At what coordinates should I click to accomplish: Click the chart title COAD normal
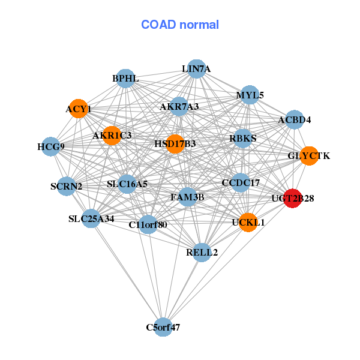click(180, 25)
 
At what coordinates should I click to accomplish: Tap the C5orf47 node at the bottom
click(163, 327)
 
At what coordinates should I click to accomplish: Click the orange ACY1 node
click(79, 109)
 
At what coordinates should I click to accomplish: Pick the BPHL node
click(125, 79)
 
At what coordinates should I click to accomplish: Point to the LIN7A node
click(196, 69)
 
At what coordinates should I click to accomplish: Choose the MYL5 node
click(250, 95)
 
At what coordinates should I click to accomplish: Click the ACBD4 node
click(294, 120)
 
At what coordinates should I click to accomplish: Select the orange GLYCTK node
click(308, 156)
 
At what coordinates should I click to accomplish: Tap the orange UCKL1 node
click(248, 222)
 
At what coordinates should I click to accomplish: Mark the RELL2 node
click(202, 252)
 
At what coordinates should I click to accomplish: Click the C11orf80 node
click(148, 225)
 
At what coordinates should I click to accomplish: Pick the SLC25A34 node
click(91, 218)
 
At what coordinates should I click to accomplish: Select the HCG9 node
click(51, 146)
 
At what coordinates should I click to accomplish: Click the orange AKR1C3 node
click(112, 136)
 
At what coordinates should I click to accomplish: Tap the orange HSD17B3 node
click(175, 144)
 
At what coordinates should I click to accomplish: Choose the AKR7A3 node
click(179, 107)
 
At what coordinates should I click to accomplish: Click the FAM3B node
click(188, 196)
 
